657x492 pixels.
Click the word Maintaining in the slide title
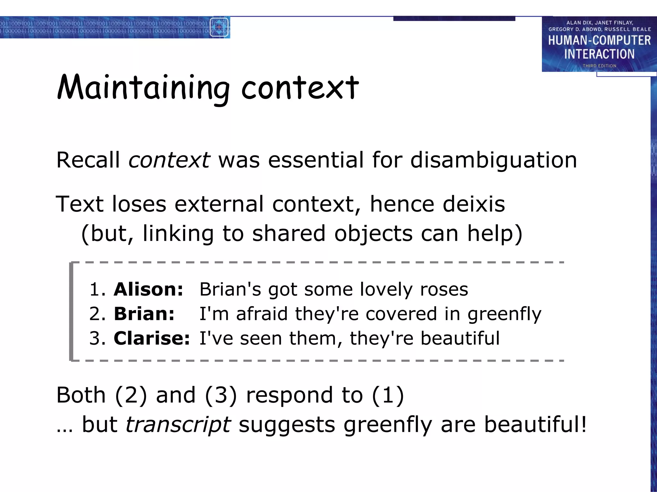pos(144,88)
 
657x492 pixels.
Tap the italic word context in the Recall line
pos(169,160)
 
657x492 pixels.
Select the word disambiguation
pos(494,160)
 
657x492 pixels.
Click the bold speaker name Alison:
pos(149,289)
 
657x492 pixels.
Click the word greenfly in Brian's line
pos(504,314)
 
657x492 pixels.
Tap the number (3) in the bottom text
pos(221,395)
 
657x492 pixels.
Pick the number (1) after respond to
pos(388,395)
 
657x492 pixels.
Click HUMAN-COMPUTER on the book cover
pos(599,40)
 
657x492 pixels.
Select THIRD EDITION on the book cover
pos(599,66)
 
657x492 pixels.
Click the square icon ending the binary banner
pos(219,27)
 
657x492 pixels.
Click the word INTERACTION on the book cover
pos(599,54)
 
